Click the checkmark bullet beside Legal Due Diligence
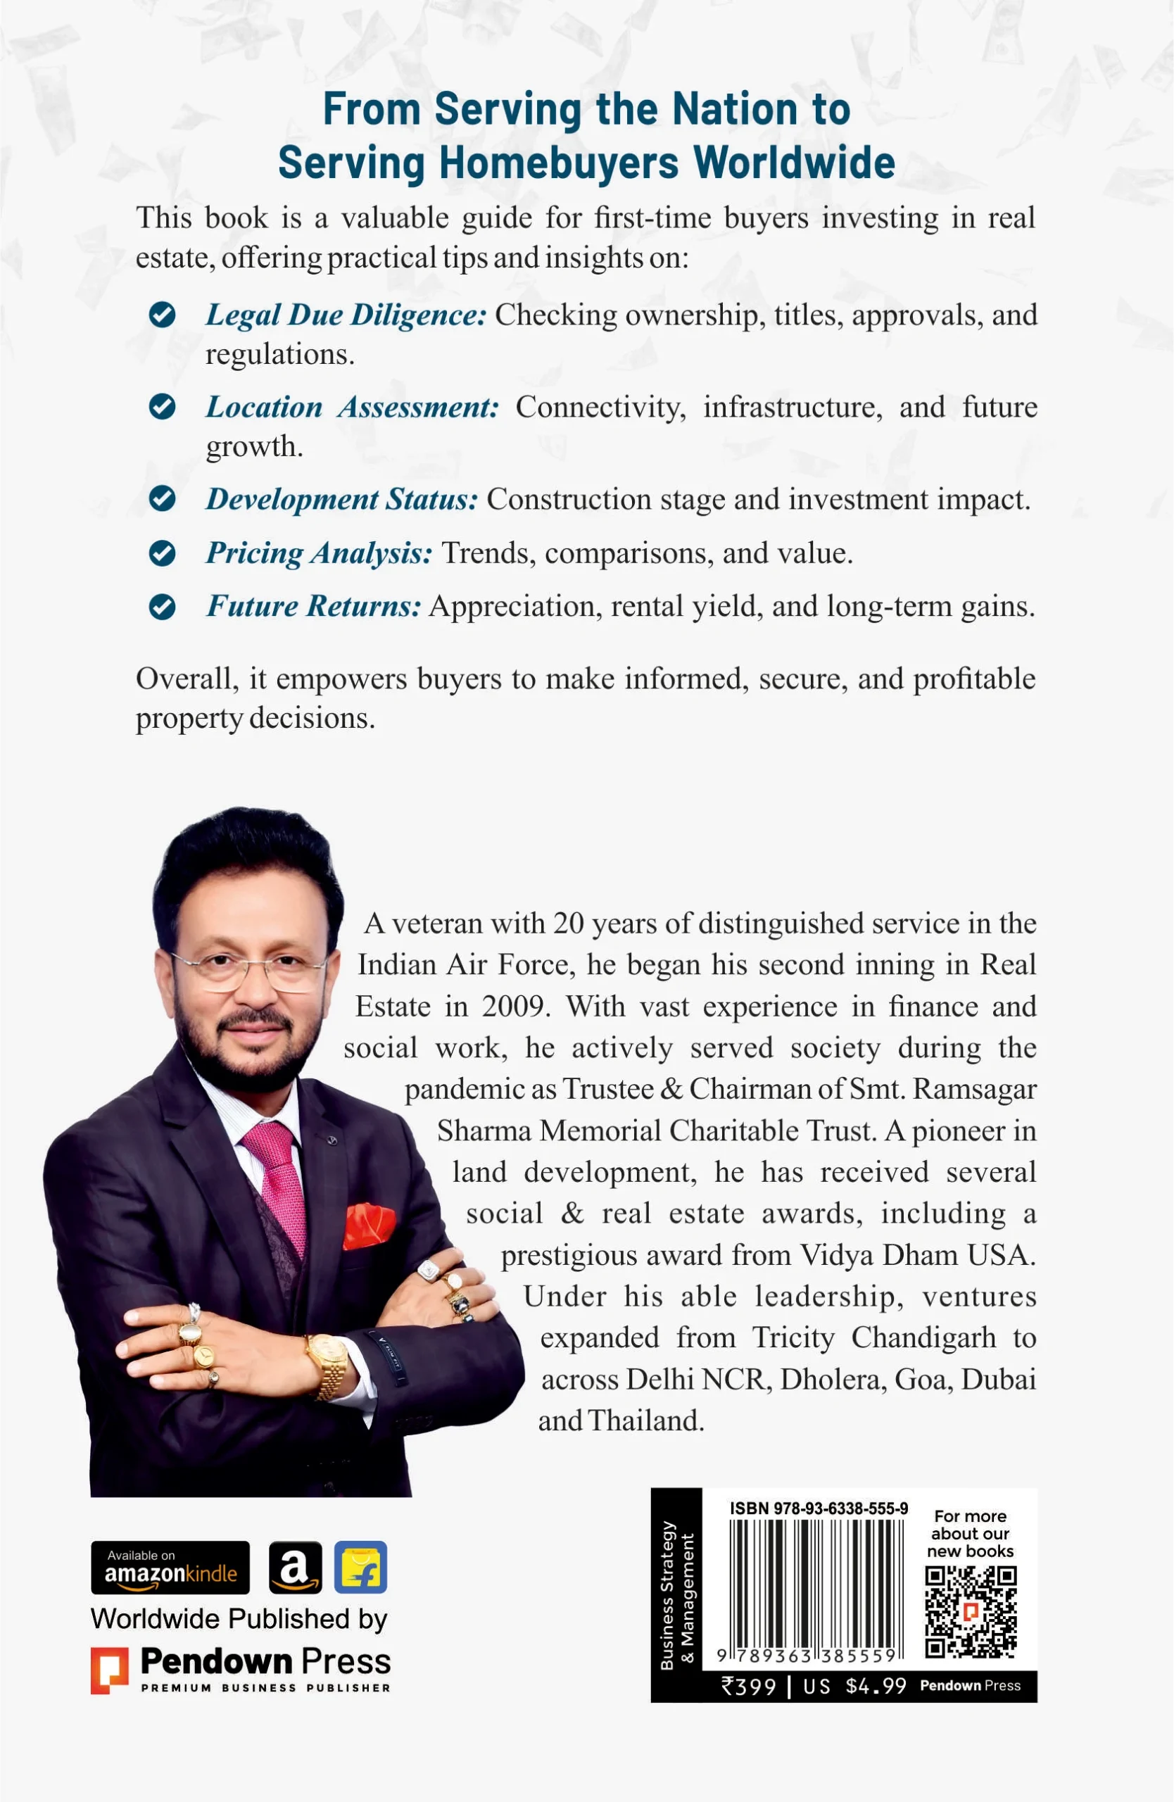(x=162, y=314)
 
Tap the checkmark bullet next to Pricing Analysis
(x=162, y=553)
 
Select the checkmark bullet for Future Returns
(x=162, y=606)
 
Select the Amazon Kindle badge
(x=170, y=1568)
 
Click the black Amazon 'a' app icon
(x=295, y=1568)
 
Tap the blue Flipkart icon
(x=360, y=1568)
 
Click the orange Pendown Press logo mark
(x=109, y=1670)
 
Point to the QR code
(x=971, y=1611)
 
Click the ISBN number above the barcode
(x=819, y=1508)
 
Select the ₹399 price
(x=749, y=1686)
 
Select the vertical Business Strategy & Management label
(x=676, y=1594)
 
